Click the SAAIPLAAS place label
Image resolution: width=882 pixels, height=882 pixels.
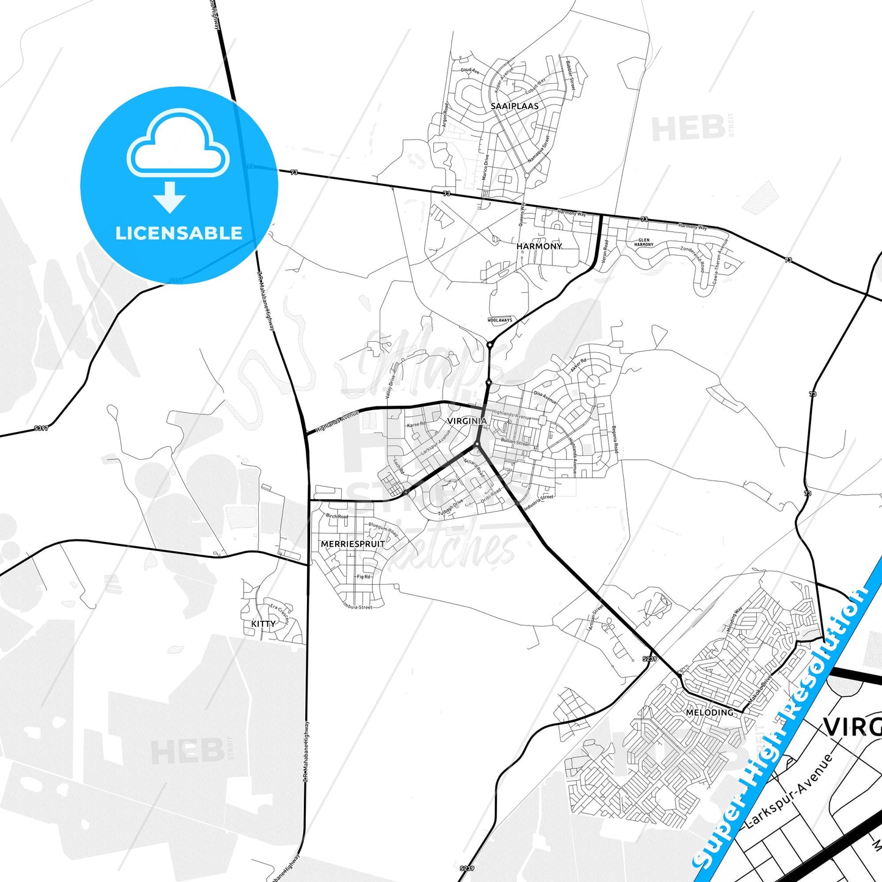515,106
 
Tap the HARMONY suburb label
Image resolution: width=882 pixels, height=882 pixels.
539,246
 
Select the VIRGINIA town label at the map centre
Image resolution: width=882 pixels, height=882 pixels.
467,421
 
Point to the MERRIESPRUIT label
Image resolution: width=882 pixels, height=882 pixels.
353,544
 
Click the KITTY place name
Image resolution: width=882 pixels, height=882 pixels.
263,624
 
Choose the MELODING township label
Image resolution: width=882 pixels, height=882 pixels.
709,712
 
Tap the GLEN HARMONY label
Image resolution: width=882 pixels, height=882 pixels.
644,242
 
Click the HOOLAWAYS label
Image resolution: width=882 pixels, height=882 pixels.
500,320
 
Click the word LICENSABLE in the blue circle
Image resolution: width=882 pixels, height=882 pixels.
179,233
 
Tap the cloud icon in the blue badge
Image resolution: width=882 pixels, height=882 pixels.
178,144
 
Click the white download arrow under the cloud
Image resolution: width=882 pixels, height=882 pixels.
170,197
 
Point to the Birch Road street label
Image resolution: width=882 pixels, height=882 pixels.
337,516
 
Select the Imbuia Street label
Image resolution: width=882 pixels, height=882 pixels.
357,607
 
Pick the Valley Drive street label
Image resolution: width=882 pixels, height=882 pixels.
390,387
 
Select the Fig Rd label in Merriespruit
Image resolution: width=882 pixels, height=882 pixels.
364,576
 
